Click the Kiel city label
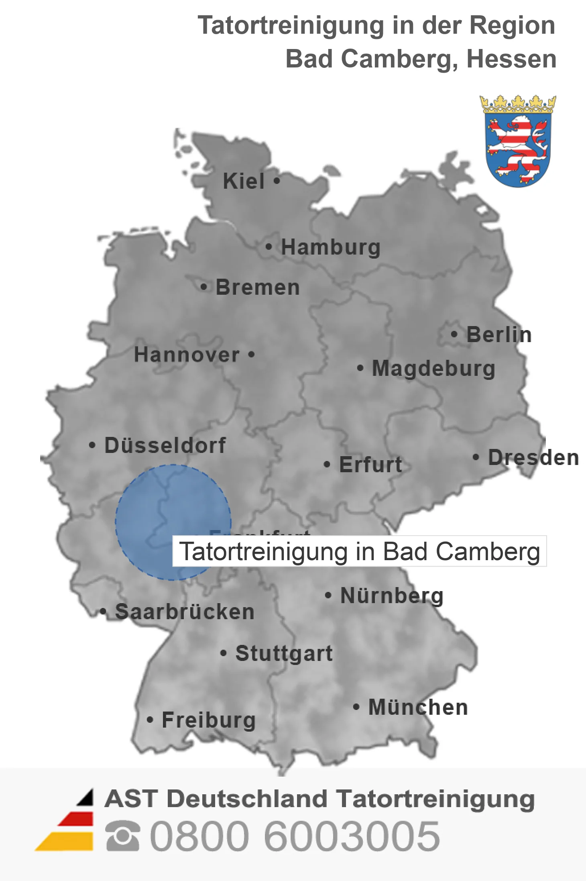(244, 181)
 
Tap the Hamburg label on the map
(331, 247)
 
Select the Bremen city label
(258, 287)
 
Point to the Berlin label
(499, 334)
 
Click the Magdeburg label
(433, 368)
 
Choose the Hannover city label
(187, 355)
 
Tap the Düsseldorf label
(165, 445)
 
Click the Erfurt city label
(370, 465)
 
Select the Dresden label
(533, 457)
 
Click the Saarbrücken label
(185, 612)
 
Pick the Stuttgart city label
(284, 653)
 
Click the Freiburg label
(209, 720)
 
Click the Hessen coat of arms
(518, 141)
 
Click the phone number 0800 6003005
(295, 836)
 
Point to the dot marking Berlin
(454, 334)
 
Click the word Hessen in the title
(511, 59)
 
